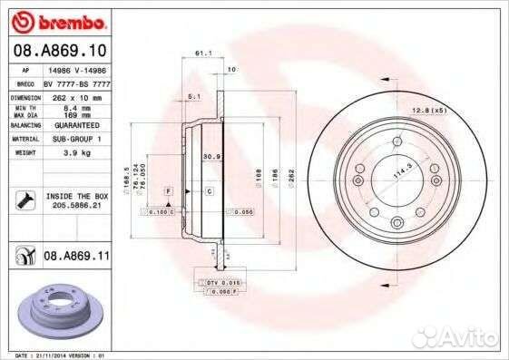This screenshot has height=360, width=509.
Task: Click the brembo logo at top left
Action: pos(56,21)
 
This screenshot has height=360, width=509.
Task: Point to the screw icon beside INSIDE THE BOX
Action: pos(24,199)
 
